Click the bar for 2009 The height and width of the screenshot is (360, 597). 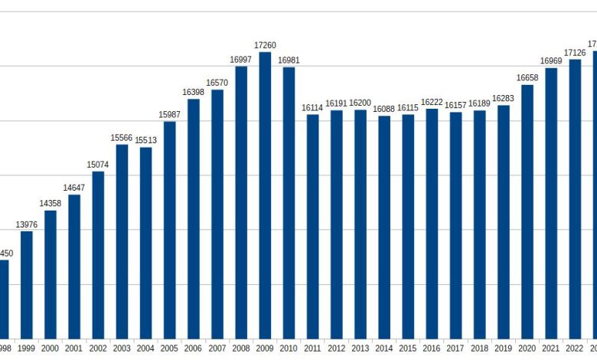(x=265, y=195)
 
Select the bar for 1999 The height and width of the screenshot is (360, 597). (x=26, y=284)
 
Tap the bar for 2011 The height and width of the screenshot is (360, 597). (x=312, y=226)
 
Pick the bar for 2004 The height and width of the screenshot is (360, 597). (x=145, y=242)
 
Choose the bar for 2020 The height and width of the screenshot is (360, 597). (x=527, y=211)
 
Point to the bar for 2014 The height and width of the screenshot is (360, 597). (x=384, y=227)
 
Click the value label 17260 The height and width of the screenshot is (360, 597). (x=265, y=45)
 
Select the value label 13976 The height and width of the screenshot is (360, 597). (x=26, y=224)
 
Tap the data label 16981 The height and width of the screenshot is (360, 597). (x=289, y=60)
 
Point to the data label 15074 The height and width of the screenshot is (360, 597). (x=98, y=164)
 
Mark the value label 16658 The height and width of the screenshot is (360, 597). (x=527, y=77)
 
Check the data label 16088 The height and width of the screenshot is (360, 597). (x=384, y=109)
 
